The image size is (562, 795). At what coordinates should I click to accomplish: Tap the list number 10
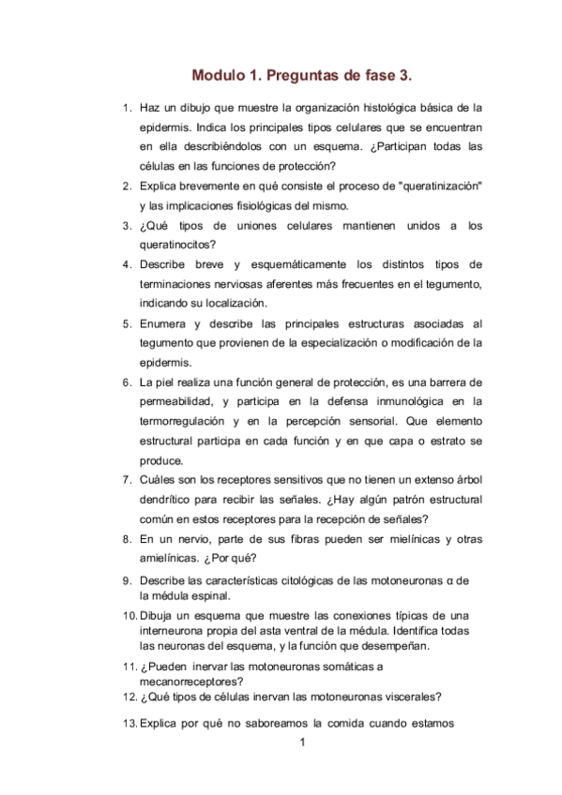[x=129, y=616]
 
